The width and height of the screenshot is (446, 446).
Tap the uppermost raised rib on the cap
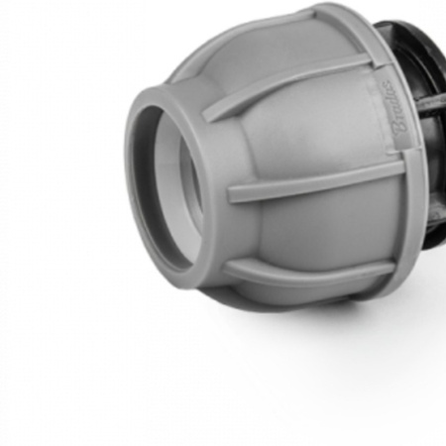point(297,71)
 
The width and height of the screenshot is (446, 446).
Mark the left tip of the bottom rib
point(226,266)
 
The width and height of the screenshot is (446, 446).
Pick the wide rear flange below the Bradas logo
point(396,228)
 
